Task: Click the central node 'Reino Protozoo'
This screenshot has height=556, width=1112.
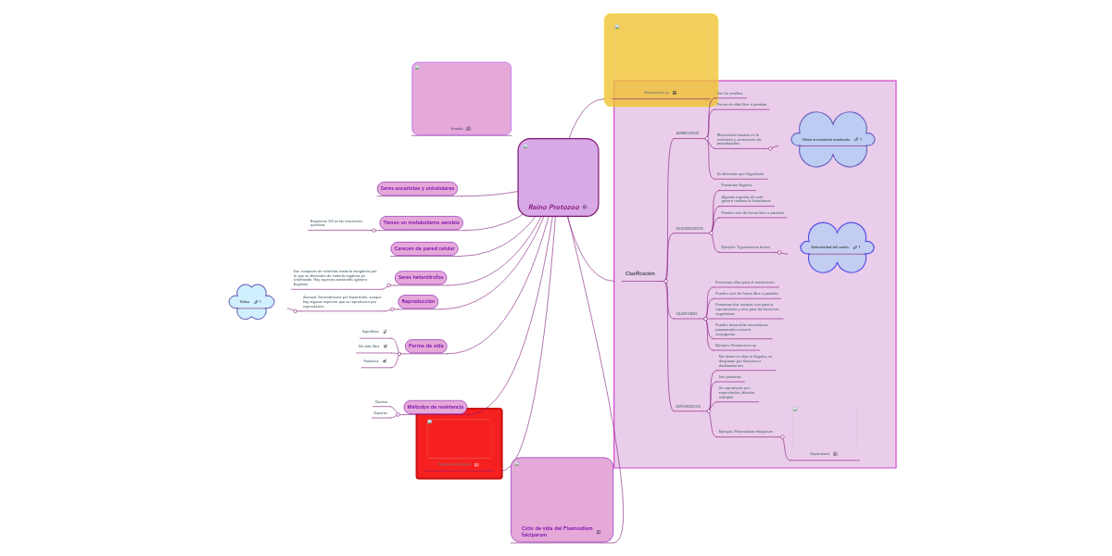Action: tap(554, 207)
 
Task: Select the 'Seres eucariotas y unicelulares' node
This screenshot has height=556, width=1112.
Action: tap(417, 188)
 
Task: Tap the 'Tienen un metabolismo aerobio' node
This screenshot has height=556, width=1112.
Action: tap(421, 222)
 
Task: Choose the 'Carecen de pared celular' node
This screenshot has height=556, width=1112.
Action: tap(424, 248)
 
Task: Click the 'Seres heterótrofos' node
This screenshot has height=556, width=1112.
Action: tap(421, 277)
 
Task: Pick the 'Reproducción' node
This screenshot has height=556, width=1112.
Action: tap(417, 301)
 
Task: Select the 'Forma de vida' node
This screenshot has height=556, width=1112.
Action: tap(425, 346)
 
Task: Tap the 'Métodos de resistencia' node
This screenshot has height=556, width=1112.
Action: tap(435, 407)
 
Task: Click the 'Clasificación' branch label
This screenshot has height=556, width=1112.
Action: tap(639, 273)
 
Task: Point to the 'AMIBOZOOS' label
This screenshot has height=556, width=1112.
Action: tap(688, 133)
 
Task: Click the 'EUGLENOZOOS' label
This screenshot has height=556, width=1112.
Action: tap(689, 228)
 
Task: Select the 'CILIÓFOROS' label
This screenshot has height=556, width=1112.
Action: tap(687, 314)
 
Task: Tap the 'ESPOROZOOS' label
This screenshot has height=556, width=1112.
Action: tap(688, 407)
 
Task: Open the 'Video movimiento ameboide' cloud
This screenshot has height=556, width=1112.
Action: tap(832, 139)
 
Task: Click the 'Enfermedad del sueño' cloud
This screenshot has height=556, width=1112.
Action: tap(836, 247)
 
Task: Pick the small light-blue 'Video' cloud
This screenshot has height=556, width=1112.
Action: tap(251, 301)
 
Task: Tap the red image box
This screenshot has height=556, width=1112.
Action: tap(460, 442)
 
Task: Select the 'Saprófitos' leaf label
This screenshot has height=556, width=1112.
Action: tap(370, 331)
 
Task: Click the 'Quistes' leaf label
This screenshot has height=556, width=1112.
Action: tap(381, 402)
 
